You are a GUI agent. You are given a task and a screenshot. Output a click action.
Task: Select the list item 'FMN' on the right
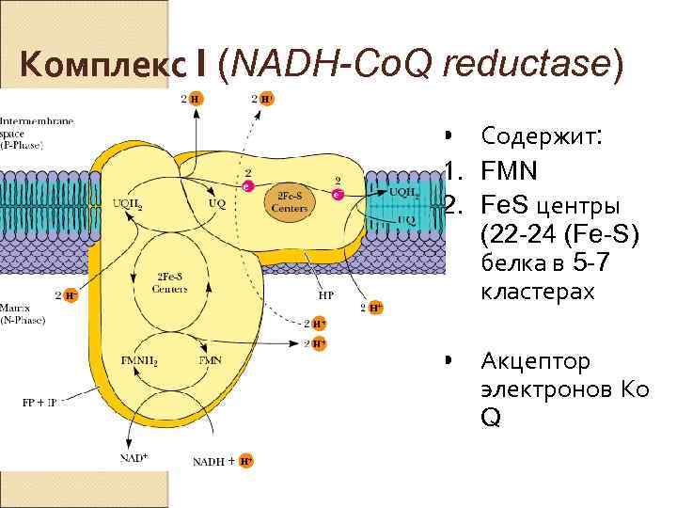click(509, 172)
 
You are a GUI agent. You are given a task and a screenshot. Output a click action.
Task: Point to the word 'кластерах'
click(537, 292)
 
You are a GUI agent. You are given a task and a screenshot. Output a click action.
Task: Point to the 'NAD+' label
click(134, 457)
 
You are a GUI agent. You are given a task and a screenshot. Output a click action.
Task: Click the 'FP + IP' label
click(39, 402)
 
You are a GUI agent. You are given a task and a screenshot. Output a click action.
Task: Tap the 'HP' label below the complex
click(325, 294)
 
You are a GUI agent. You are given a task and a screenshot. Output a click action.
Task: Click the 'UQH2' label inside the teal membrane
click(403, 191)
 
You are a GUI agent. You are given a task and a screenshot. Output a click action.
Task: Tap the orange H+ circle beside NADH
click(244, 462)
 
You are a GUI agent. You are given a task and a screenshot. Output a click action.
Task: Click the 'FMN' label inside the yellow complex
click(211, 360)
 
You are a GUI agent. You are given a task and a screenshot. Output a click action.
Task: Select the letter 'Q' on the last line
click(490, 416)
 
